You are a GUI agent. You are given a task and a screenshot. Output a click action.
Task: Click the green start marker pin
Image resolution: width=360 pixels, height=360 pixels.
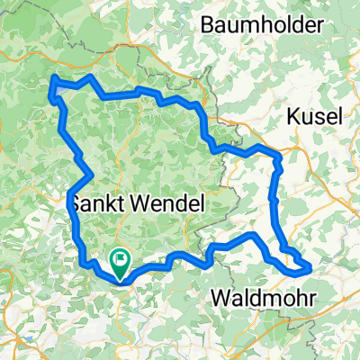click(x=121, y=262)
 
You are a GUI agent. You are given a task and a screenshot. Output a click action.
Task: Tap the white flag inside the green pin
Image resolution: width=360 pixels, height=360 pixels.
click(x=121, y=260)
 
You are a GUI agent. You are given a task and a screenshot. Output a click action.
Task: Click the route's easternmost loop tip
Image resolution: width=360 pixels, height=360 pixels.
click(x=310, y=266)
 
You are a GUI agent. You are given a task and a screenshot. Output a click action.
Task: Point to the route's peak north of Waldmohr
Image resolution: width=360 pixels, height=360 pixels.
click(x=255, y=235)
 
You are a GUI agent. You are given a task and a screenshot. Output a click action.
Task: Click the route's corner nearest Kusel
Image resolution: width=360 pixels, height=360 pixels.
click(x=279, y=157)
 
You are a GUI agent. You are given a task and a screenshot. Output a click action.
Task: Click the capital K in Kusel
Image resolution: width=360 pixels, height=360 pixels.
click(x=292, y=115)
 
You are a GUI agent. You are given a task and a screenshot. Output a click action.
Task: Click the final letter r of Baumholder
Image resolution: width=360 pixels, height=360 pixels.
click(x=319, y=26)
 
